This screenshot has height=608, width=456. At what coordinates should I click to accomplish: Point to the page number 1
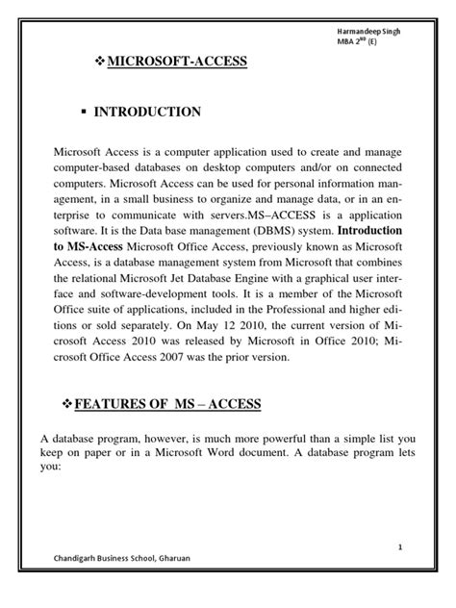(x=397, y=546)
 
